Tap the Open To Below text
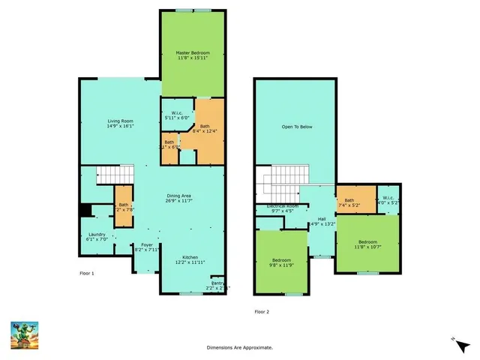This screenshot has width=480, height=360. coord(297,127)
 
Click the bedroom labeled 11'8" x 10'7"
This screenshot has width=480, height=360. coord(367,244)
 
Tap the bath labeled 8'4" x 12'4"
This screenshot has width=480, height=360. coord(205,129)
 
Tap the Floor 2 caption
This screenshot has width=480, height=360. coord(261,310)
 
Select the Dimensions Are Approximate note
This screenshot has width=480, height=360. coord(240,347)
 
